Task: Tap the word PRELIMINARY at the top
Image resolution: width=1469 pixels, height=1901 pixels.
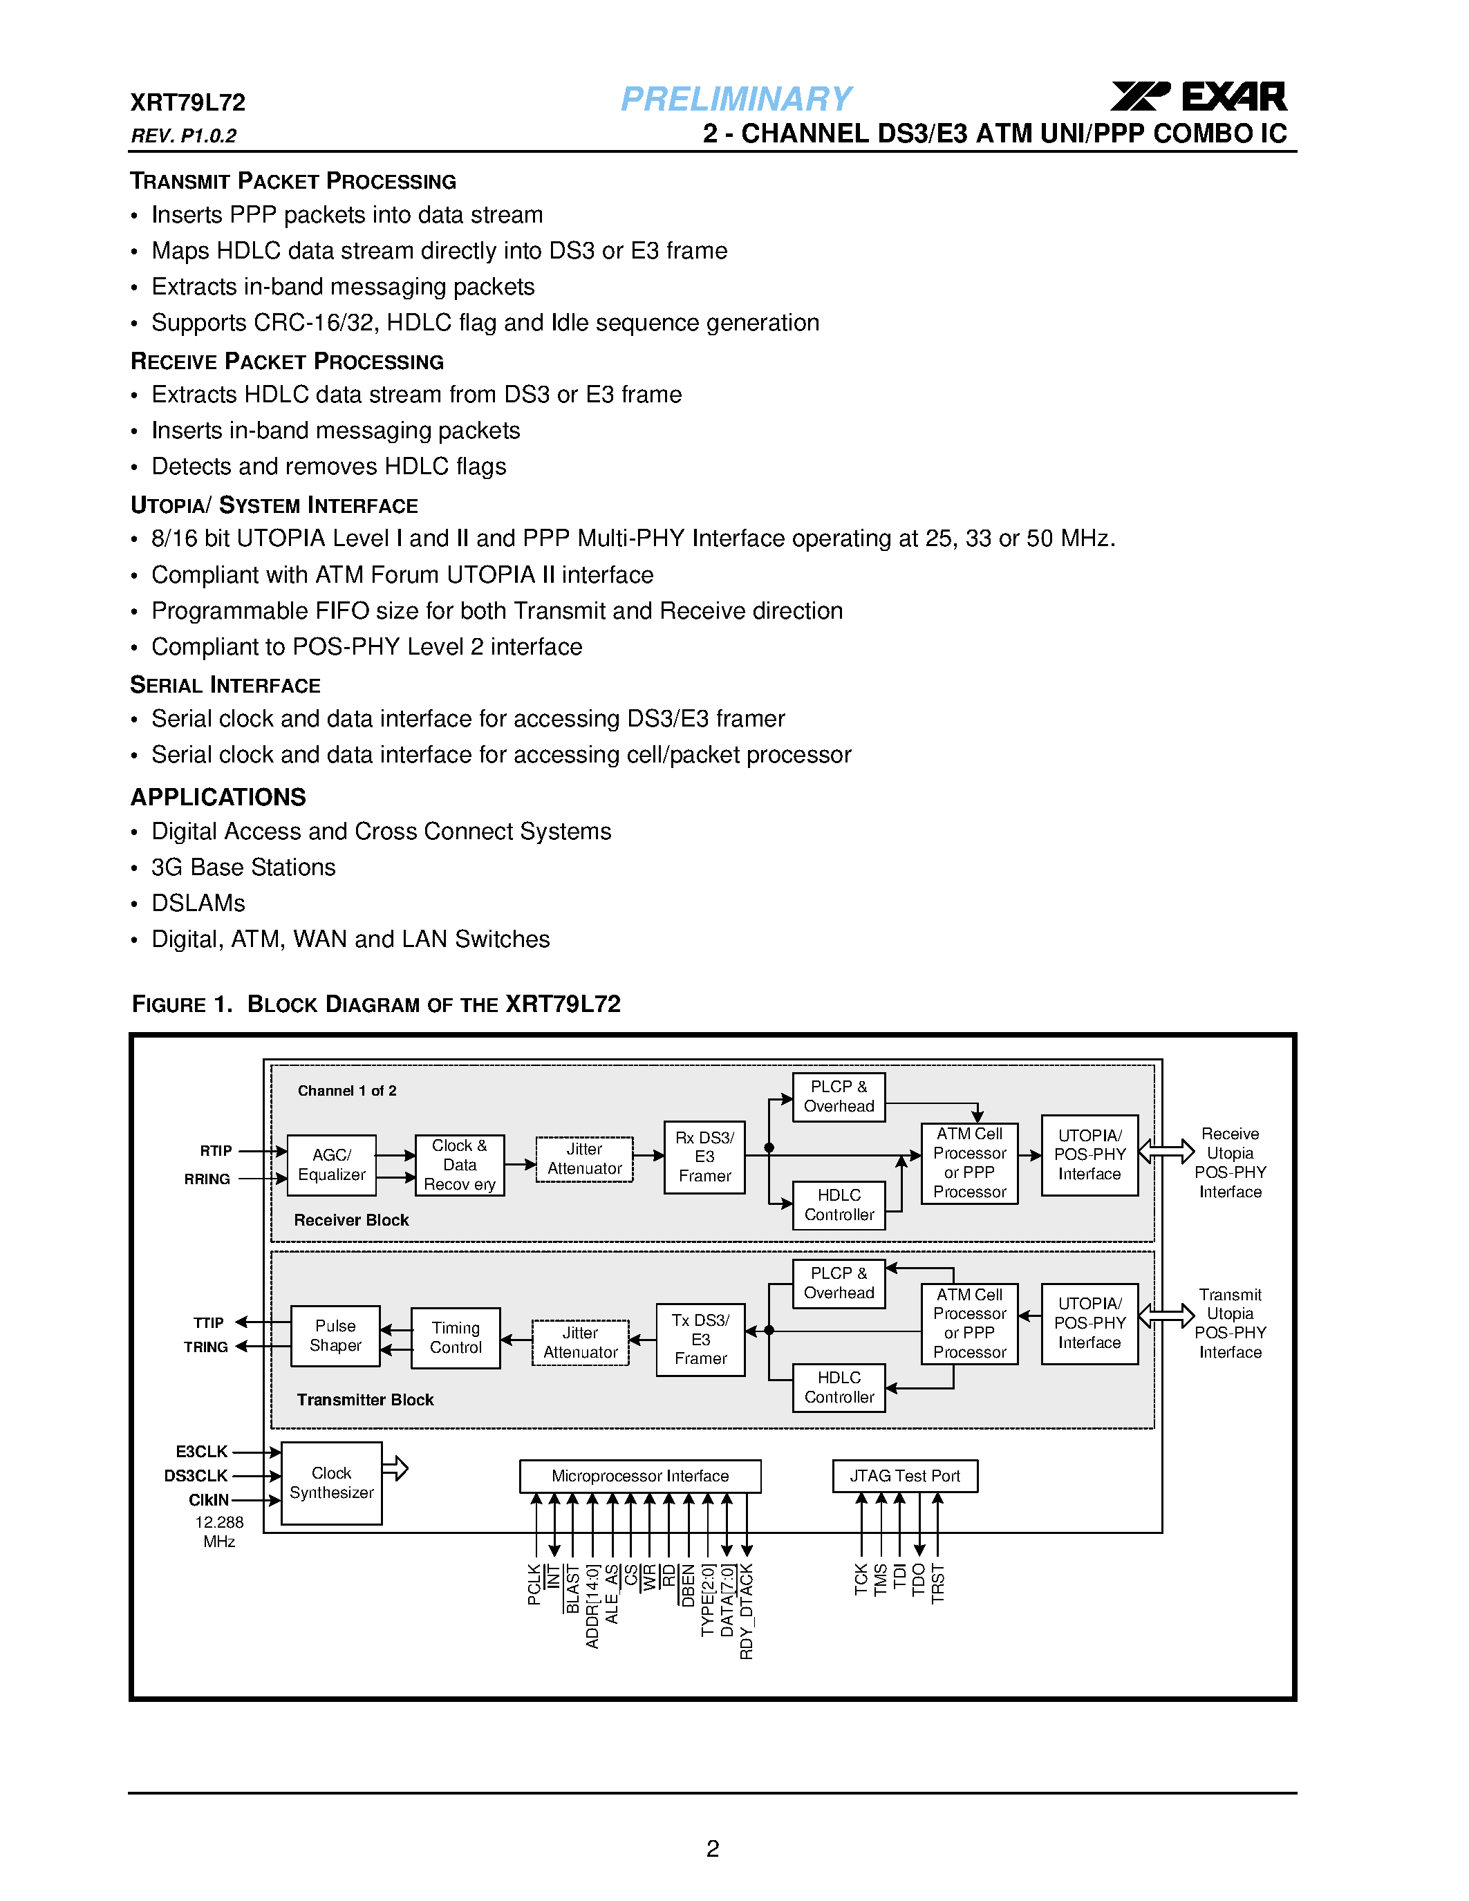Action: [736, 100]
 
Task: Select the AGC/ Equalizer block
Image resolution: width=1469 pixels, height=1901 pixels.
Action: [332, 1165]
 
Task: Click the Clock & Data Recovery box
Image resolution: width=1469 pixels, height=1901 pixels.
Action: [460, 1165]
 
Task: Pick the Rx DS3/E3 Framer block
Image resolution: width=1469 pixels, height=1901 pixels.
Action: [704, 1156]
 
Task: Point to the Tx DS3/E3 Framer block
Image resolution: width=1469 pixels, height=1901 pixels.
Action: [700, 1340]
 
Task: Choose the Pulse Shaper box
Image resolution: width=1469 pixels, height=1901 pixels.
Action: [335, 1336]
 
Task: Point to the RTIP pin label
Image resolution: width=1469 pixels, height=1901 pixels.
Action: [216, 1151]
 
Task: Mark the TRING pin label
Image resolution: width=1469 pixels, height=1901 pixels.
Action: [205, 1347]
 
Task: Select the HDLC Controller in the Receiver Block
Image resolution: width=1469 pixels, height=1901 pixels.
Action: [839, 1206]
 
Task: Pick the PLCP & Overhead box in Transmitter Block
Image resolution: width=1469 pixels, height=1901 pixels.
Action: [839, 1283]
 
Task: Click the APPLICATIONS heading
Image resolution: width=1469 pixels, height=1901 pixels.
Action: [218, 797]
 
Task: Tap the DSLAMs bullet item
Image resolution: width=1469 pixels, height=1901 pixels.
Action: [198, 903]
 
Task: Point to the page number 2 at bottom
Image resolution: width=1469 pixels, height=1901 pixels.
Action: [713, 1848]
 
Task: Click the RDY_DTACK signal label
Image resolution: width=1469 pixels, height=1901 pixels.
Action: [747, 1612]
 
